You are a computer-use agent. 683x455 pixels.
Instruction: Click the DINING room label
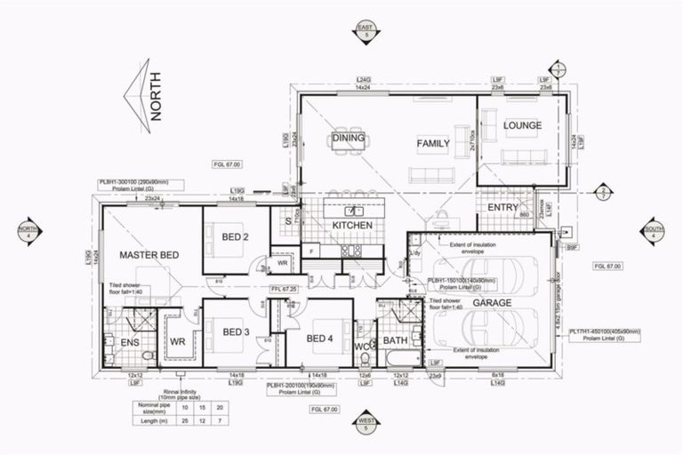(350, 138)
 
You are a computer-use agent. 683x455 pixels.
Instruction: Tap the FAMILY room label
(433, 142)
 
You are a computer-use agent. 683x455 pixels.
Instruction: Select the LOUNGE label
(522, 125)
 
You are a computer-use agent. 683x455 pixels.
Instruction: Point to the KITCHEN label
(351, 226)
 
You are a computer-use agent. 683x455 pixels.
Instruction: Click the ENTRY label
(503, 208)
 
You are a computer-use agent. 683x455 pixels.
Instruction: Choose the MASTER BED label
(149, 255)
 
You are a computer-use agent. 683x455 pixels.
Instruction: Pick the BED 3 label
(235, 332)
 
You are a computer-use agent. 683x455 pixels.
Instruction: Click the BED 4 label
(319, 338)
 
